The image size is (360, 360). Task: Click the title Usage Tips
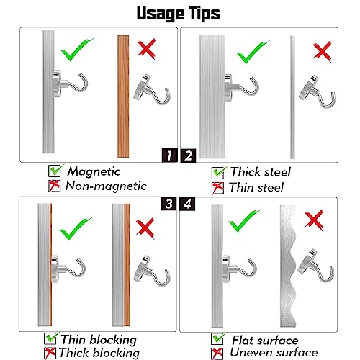(178, 13)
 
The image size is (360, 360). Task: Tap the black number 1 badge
(169, 156)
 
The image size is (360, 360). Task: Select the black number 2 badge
(188, 156)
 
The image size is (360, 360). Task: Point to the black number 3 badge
(168, 204)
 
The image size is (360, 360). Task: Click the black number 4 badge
(187, 204)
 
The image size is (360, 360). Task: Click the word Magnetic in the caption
(94, 171)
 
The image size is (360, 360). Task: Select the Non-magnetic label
(106, 186)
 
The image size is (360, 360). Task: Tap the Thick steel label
(261, 172)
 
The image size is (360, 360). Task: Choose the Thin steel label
(256, 187)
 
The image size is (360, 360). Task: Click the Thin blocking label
(99, 340)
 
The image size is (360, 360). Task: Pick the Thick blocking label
(99, 353)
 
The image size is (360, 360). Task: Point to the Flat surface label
(265, 341)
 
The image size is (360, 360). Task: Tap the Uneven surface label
(274, 352)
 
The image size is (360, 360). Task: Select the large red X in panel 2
(323, 52)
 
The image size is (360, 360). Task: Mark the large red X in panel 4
(314, 220)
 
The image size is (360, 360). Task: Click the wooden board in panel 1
(123, 96)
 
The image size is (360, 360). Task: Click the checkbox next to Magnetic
(55, 171)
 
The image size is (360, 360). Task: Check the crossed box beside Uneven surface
(217, 354)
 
